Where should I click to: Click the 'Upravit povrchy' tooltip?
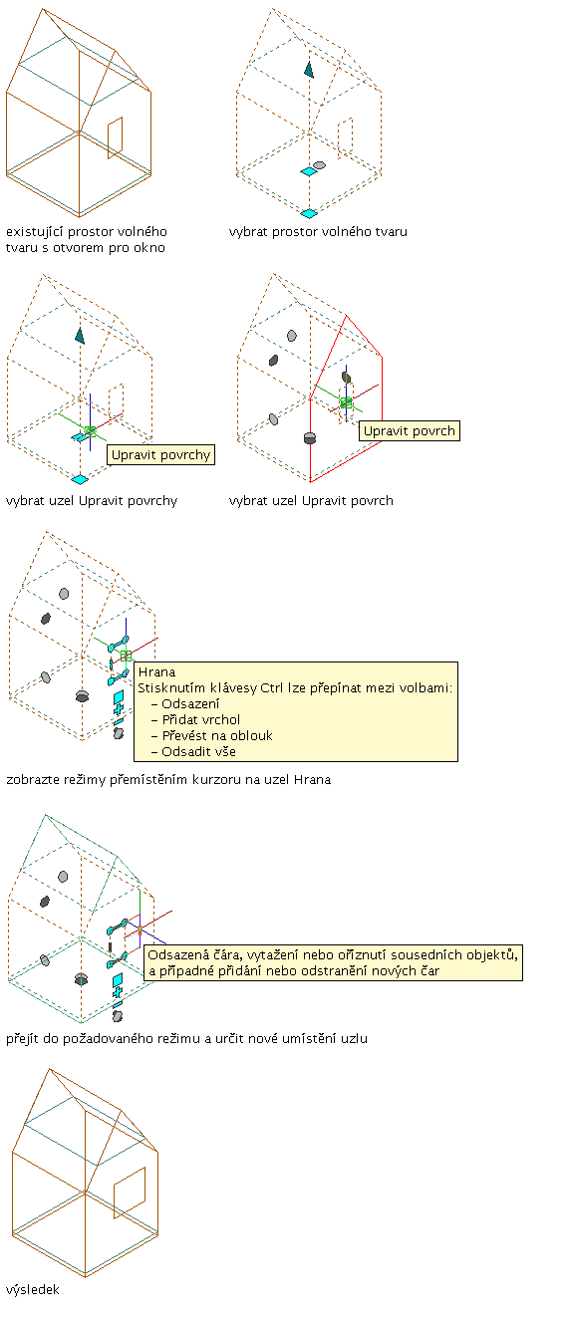(160, 455)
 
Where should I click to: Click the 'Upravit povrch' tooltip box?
(410, 430)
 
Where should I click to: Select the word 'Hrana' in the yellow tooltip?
(156, 671)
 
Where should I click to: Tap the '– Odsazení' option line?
(185, 704)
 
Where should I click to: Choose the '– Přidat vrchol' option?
(195, 720)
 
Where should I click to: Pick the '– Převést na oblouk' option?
(211, 736)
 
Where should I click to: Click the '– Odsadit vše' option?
(193, 752)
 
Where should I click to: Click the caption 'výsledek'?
(33, 1289)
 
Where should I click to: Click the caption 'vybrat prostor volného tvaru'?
(318, 232)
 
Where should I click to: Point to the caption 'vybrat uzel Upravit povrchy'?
(92, 501)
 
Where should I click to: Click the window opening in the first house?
(116, 137)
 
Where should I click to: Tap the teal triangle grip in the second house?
(309, 70)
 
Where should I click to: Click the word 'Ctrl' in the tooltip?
(271, 688)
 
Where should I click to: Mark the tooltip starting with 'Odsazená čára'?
(333, 963)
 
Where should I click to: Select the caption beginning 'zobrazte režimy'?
(168, 780)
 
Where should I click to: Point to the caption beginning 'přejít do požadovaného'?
(187, 1039)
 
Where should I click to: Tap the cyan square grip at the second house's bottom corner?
(309, 213)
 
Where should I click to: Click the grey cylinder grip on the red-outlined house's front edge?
(309, 438)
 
